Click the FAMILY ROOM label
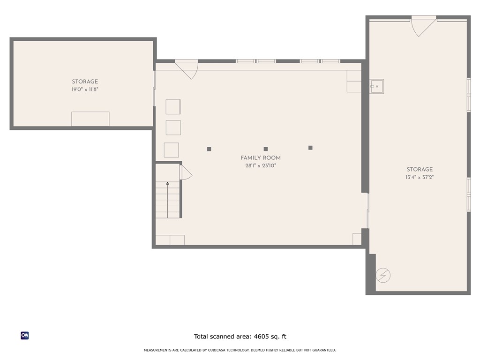[x=261, y=158]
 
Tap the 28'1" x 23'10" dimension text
[x=261, y=165]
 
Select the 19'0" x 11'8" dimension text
[x=85, y=89]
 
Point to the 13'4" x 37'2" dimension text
[x=420, y=177]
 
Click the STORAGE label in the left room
[x=85, y=82]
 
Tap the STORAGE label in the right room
[x=420, y=170]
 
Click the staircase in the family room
[x=168, y=200]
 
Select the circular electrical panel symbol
[x=383, y=275]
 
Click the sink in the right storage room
[x=376, y=86]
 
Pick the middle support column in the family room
[x=266, y=149]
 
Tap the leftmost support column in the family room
[x=209, y=149]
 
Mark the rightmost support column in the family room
[x=310, y=148]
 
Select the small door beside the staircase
[x=185, y=172]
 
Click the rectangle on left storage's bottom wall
[x=90, y=119]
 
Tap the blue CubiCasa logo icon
[x=25, y=336]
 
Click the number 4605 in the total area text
[x=261, y=337]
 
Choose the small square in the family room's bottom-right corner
[x=357, y=239]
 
